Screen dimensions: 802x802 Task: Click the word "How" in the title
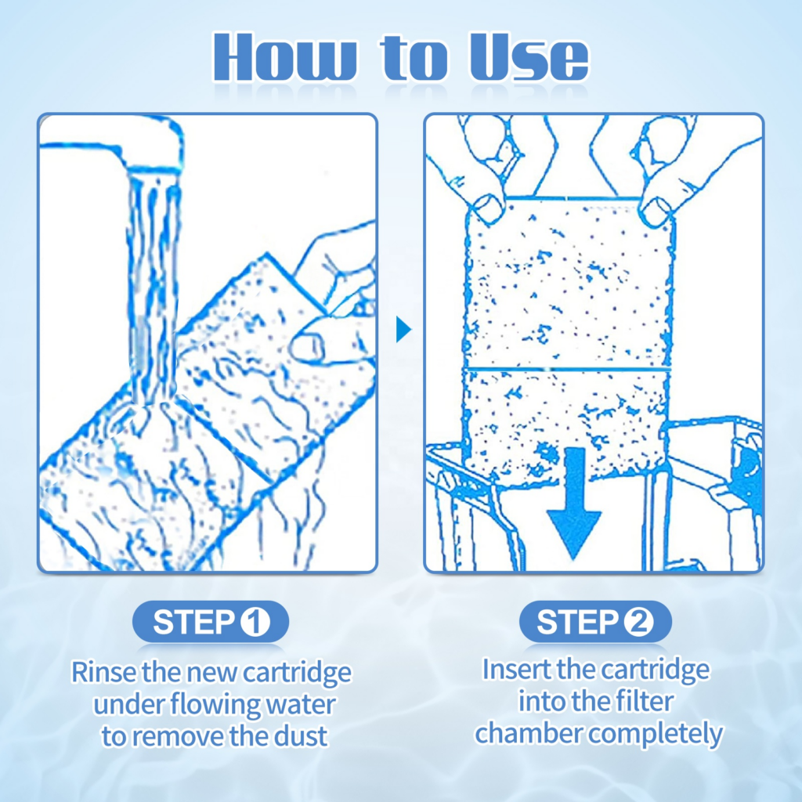click(285, 56)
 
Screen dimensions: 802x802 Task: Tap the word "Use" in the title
click(529, 56)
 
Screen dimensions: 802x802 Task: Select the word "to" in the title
click(414, 57)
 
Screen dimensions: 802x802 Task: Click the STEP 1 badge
click(211, 622)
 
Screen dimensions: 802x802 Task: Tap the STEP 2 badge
click(595, 622)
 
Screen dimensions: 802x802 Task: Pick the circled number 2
click(639, 622)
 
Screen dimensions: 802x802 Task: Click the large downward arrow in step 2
click(574, 504)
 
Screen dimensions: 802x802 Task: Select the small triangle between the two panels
click(403, 330)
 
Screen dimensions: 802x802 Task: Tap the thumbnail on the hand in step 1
click(307, 345)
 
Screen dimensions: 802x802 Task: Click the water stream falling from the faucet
click(153, 287)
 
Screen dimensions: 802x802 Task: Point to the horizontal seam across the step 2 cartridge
click(567, 368)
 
